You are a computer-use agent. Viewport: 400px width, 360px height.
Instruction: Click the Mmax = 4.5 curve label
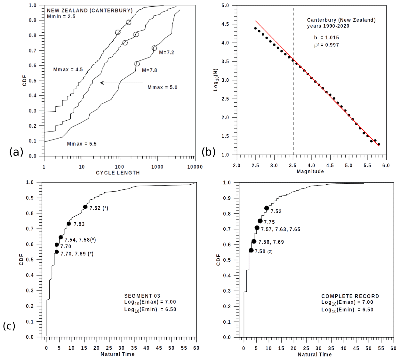coord(68,69)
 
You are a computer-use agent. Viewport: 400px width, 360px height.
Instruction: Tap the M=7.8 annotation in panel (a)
coord(149,70)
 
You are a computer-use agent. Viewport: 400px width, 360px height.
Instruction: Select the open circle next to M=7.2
coord(154,48)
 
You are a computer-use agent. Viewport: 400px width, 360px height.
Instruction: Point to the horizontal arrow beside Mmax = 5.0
coord(121,83)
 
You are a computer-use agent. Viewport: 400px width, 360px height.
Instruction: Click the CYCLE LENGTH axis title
coord(118,173)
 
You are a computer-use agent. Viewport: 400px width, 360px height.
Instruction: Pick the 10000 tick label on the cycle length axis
coord(195,167)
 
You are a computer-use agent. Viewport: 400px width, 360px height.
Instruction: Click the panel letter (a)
coord(16,152)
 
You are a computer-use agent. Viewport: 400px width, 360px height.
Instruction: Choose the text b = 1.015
coord(326,37)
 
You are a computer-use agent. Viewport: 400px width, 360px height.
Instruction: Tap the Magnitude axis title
coord(310,172)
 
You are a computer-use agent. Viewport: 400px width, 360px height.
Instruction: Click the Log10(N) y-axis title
coord(216,80)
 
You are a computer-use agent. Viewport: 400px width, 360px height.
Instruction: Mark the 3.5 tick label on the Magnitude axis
coord(292,165)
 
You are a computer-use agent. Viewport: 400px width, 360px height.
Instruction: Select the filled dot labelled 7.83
coord(69,224)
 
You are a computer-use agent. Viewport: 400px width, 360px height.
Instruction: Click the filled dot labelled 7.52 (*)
coord(85,207)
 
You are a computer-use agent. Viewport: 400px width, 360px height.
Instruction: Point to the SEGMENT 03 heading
coord(142,296)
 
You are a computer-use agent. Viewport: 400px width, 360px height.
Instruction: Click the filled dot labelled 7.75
coord(260,221)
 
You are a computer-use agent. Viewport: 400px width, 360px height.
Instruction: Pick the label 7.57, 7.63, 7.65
coord(281,229)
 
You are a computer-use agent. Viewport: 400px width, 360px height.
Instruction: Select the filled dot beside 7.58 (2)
coord(251,250)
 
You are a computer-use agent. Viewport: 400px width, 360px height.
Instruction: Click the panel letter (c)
coord(9,326)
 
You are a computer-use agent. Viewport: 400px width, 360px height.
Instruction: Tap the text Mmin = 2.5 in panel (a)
coord(61,16)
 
